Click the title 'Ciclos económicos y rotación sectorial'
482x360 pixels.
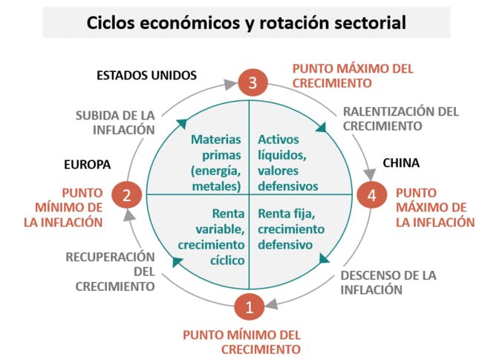point(246,23)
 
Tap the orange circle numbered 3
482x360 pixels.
point(253,83)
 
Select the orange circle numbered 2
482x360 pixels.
point(127,195)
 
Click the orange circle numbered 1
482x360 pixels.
point(250,306)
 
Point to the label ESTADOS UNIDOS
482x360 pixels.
point(146,75)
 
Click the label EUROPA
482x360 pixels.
point(87,164)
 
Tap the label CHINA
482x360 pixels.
point(401,163)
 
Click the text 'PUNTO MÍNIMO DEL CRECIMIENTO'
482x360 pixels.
point(242,341)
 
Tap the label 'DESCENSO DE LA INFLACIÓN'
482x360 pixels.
point(388,282)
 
